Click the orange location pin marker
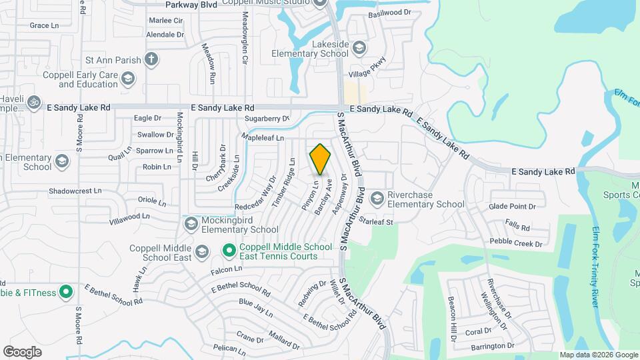click(321, 159)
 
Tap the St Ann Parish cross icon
click(151, 59)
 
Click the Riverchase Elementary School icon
click(377, 198)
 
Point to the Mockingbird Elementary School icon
click(191, 223)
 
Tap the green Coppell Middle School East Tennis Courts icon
click(229, 251)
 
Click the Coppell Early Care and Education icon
click(128, 80)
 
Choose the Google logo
click(23, 351)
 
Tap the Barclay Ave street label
click(323, 197)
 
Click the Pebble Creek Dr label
click(516, 243)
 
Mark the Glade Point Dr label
click(512, 207)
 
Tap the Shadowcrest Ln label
click(75, 190)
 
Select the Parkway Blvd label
click(172, 3)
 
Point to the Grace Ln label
click(45, 25)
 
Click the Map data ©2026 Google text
click(599, 355)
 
